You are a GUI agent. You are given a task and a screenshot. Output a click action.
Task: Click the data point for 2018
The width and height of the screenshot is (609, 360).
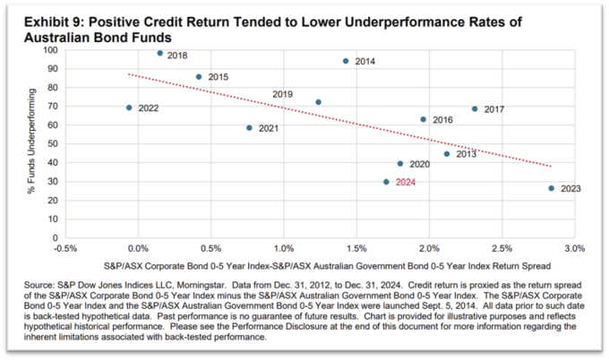pyautogui.click(x=159, y=53)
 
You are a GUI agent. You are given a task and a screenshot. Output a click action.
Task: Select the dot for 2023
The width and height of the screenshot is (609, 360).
pyautogui.click(x=551, y=188)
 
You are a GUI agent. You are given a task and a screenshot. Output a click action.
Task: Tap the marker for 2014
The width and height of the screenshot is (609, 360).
pyautogui.click(x=345, y=61)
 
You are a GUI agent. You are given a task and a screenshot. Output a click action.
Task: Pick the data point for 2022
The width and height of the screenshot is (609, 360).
pyautogui.click(x=129, y=107)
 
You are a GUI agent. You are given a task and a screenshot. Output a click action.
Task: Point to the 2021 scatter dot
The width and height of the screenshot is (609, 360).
pyautogui.click(x=249, y=128)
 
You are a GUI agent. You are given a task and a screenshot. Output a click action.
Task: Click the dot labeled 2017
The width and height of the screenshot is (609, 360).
pyautogui.click(x=475, y=109)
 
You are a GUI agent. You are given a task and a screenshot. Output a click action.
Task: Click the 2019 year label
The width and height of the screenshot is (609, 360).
pyautogui.click(x=283, y=94)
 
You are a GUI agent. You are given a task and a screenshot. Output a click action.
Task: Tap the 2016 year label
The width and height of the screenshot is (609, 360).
pyautogui.click(x=442, y=119)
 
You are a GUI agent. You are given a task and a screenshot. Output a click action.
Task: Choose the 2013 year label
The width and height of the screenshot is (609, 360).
pyautogui.click(x=466, y=154)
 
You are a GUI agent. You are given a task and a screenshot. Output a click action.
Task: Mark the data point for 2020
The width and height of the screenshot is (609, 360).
pyautogui.click(x=399, y=163)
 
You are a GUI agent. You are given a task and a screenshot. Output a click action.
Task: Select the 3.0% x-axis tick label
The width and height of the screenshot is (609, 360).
pyautogui.click(x=573, y=247)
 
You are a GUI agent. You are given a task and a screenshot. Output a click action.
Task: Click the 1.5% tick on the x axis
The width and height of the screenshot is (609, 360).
pyautogui.click(x=356, y=247)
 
